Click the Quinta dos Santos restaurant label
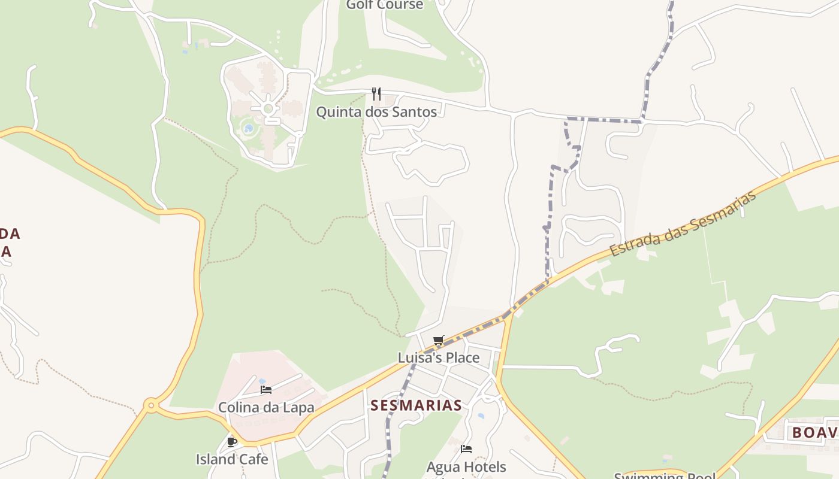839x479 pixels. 376,112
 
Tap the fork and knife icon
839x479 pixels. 376,94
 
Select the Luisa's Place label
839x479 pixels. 439,358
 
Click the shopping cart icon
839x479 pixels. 439,341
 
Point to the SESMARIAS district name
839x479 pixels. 416,405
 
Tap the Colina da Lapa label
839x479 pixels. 266,408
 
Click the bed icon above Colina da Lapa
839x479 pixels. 266,390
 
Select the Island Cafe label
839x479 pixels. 232,459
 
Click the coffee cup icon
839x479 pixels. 232,442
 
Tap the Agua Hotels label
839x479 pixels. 466,466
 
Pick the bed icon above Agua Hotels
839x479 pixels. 466,449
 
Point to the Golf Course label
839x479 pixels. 385,5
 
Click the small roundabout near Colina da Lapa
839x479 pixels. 151,406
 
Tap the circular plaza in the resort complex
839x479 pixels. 268,109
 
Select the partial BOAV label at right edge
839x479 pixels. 814,432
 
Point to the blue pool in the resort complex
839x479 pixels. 248,128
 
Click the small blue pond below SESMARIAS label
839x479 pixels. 481,416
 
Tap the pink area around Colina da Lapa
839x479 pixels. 252,368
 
